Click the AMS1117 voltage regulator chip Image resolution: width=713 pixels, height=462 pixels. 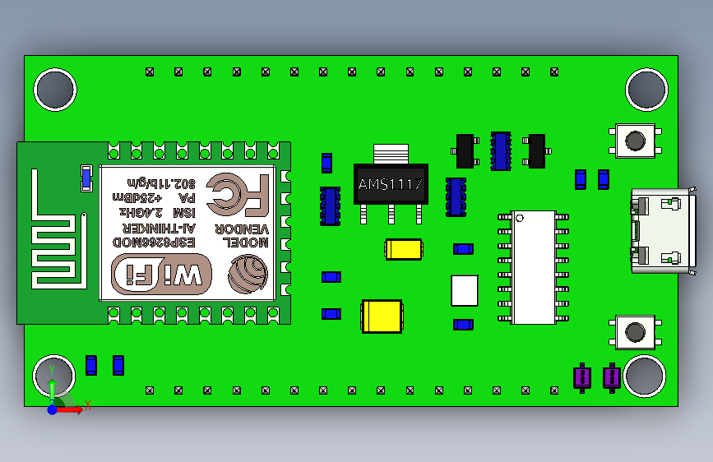[390, 184]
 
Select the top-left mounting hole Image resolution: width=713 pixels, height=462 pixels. [55, 89]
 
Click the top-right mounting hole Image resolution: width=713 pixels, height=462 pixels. [646, 89]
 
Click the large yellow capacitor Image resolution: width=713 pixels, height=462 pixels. [382, 316]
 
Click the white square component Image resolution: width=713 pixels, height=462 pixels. [465, 289]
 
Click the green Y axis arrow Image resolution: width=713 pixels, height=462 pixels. [51, 386]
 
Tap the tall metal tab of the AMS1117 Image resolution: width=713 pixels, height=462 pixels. [391, 154]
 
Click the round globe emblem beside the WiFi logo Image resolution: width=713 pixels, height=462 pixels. [248, 274]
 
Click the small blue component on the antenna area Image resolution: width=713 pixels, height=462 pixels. [86, 178]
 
